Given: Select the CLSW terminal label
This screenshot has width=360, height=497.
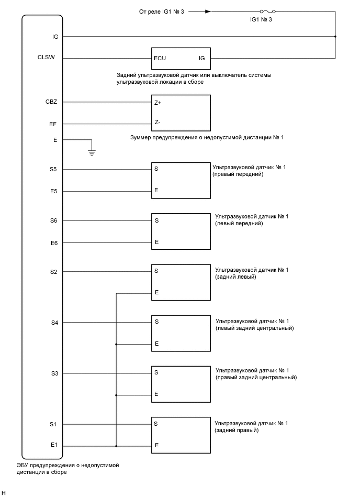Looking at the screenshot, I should (x=54, y=58).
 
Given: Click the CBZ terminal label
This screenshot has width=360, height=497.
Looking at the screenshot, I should (x=51, y=103).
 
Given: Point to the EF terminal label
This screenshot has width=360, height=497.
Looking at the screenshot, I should (x=53, y=124).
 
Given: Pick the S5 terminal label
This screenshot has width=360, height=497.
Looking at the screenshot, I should (x=53, y=170).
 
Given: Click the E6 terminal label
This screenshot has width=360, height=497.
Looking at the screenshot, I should (x=53, y=242).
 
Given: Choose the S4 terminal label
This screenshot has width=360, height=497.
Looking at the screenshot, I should (x=54, y=323).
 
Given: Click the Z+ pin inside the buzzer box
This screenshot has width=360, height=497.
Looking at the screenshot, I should (x=157, y=103).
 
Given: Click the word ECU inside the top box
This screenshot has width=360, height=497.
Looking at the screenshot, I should (x=160, y=58).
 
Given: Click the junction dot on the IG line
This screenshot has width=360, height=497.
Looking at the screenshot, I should (x=335, y=37).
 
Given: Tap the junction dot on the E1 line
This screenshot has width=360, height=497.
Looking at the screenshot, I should (x=116, y=446).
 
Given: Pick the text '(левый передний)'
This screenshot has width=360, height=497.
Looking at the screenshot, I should (x=239, y=224).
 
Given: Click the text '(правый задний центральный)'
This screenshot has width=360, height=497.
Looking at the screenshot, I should (x=256, y=378).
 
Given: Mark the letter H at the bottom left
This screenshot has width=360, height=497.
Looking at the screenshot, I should (x=4, y=493).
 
